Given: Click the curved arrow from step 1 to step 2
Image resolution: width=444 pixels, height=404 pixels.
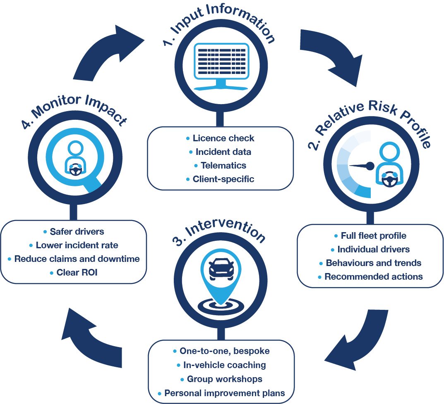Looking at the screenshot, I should click(x=331, y=56).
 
